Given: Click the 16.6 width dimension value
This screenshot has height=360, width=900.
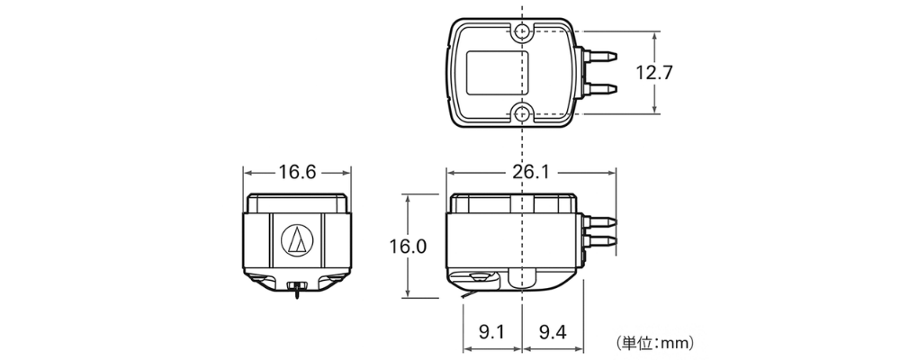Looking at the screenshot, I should click(297, 172).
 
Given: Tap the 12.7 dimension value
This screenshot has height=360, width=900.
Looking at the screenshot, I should click(653, 73).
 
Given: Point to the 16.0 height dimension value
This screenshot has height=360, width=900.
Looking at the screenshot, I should click(408, 246).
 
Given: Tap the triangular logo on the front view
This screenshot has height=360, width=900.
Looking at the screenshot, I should click(297, 238).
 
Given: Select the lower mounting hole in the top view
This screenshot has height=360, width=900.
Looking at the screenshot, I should click(523, 112).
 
